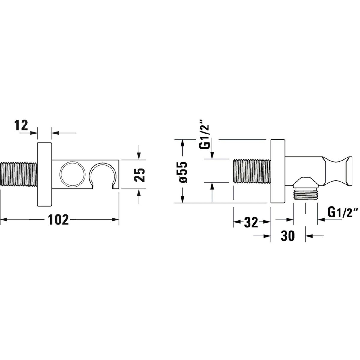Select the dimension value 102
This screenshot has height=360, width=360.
click(58, 220)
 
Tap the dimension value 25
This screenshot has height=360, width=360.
click(140, 174)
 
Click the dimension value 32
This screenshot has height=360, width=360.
click(251, 222)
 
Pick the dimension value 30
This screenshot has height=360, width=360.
click(288, 236)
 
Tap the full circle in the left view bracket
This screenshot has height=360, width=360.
click(71, 174)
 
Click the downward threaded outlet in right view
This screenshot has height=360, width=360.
click(305, 194)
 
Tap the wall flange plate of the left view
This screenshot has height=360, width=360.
click(45, 174)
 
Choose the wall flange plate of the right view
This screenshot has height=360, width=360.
click(277, 171)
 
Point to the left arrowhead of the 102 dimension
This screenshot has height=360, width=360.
click(3, 220)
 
